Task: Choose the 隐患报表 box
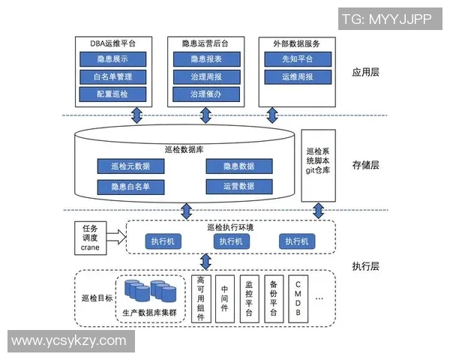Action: pyautogui.click(x=205, y=58)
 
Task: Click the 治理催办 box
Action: pyautogui.click(x=205, y=94)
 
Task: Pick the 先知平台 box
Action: pyautogui.click(x=297, y=58)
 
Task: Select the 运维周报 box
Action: pyautogui.click(x=297, y=76)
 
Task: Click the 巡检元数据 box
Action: pyautogui.click(x=129, y=166)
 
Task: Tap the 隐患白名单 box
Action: pyautogui.click(x=129, y=186)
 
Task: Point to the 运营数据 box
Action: pyautogui.click(x=238, y=186)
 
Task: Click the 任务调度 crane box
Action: pyautogui.click(x=90, y=238)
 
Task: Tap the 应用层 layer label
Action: pyautogui.click(x=365, y=73)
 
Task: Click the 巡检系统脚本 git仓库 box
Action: pyautogui.click(x=318, y=165)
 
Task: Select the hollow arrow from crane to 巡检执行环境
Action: pyautogui.click(x=116, y=238)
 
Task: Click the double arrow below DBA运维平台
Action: pyautogui.click(x=137, y=115)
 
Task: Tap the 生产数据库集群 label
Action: pyautogui.click(x=150, y=311)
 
